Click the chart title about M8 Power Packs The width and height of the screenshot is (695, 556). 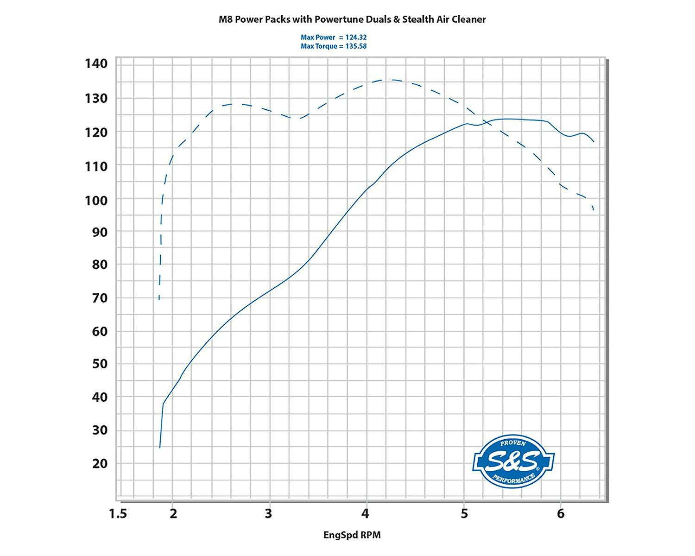[352, 19]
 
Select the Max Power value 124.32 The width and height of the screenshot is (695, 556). [356, 38]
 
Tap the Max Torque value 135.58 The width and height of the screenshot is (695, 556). [356, 46]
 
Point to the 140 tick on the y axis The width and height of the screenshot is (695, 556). [96, 63]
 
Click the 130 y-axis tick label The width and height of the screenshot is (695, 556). [96, 99]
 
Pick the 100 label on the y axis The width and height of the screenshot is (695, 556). [96, 201]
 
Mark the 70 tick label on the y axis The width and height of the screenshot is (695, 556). [100, 298]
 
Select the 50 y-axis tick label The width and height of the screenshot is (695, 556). [100, 364]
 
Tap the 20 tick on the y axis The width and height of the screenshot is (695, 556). [100, 464]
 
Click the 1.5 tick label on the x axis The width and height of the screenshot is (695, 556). [118, 514]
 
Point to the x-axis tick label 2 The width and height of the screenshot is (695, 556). [173, 514]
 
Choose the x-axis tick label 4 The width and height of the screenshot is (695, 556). [365, 513]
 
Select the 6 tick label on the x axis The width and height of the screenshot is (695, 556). [561, 513]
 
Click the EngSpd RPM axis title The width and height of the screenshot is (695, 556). [352, 535]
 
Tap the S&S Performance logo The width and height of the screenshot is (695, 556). [513, 461]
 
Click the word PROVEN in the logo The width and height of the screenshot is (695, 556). [513, 443]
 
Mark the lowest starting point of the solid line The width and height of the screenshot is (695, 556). [159, 448]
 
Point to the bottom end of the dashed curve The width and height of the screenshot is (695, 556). [159, 300]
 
